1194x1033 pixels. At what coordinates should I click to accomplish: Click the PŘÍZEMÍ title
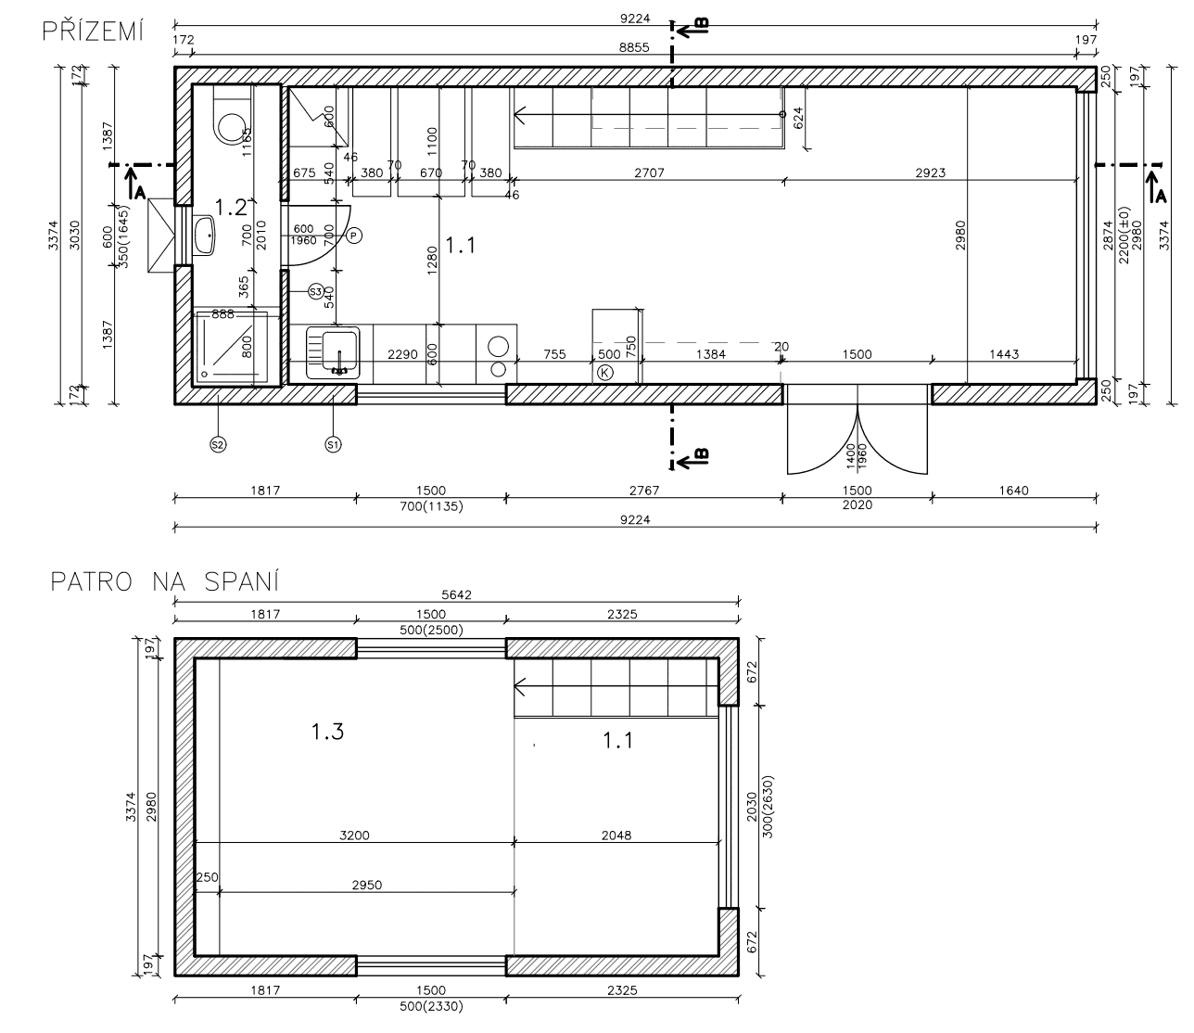[93, 32]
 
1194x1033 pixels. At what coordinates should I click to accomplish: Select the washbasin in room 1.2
[204, 236]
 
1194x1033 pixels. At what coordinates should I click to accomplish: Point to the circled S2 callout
[218, 444]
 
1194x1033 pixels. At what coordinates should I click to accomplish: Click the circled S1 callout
[333, 444]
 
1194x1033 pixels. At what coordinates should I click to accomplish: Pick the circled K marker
[605, 373]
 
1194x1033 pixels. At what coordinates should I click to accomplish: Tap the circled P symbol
[354, 236]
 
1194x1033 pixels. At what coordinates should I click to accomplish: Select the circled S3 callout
[316, 291]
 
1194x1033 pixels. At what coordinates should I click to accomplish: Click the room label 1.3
[327, 732]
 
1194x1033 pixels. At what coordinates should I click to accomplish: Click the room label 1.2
[230, 205]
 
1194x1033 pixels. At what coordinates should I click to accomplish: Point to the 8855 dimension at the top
[634, 48]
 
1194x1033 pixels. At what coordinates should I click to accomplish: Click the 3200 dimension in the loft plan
[354, 835]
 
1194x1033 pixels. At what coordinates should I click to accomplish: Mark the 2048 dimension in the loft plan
[616, 835]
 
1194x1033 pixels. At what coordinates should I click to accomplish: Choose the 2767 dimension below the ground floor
[643, 491]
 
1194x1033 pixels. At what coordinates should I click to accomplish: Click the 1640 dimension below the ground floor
[1014, 491]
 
